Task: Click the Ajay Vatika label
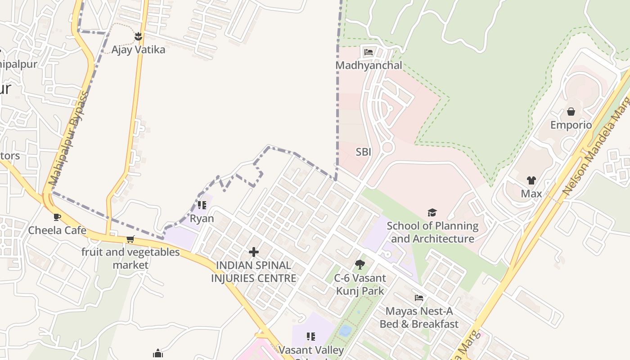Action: click(x=138, y=49)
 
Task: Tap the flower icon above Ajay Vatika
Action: click(x=138, y=36)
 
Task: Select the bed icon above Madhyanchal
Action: click(x=369, y=52)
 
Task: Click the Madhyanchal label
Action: click(x=369, y=65)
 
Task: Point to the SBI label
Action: click(x=363, y=152)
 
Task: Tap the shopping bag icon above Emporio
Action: click(x=571, y=112)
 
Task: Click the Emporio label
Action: click(x=571, y=125)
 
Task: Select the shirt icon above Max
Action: click(x=531, y=180)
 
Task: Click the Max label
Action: click(x=531, y=194)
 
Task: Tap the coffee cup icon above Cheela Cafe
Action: click(x=57, y=217)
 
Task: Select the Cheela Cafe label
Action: click(x=57, y=230)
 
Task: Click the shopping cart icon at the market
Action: click(x=130, y=239)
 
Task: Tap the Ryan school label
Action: click(x=202, y=219)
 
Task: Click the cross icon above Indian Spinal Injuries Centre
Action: click(x=254, y=252)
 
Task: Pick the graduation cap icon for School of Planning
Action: click(x=432, y=212)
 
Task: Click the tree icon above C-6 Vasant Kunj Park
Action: click(x=360, y=265)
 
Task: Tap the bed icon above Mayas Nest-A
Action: click(x=418, y=298)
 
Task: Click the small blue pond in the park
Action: click(x=345, y=331)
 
